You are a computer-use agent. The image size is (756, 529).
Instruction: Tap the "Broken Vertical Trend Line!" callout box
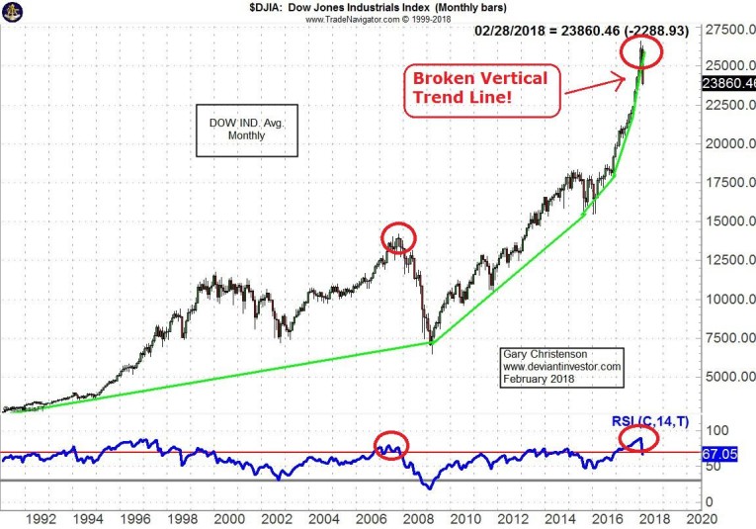pyautogui.click(x=480, y=89)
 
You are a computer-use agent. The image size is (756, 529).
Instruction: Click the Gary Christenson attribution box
pyautogui.click(x=560, y=366)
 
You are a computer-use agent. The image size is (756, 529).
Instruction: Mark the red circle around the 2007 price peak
pyautogui.click(x=398, y=237)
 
